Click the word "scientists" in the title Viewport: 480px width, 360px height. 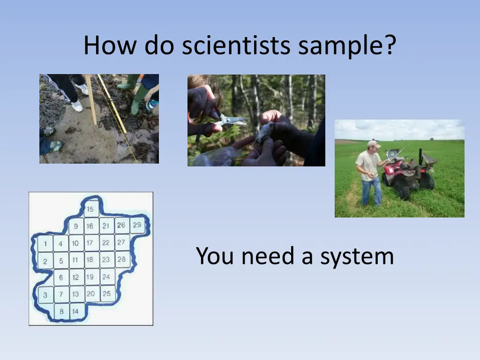pos(236,45)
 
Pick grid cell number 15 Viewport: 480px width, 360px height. pos(90,209)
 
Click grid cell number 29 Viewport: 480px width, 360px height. pos(137,225)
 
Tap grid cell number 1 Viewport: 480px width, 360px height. pos(45,244)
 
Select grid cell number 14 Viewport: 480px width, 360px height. pos(75,311)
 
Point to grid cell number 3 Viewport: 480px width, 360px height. pos(45,295)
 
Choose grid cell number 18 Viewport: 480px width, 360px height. pos(90,259)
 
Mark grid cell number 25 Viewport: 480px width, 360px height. pos(107,294)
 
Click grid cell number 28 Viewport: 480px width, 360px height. pos(121,259)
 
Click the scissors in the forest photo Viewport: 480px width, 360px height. pos(230,120)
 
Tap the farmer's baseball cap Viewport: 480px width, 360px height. pos(374,144)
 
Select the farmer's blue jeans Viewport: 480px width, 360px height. pos(371,190)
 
